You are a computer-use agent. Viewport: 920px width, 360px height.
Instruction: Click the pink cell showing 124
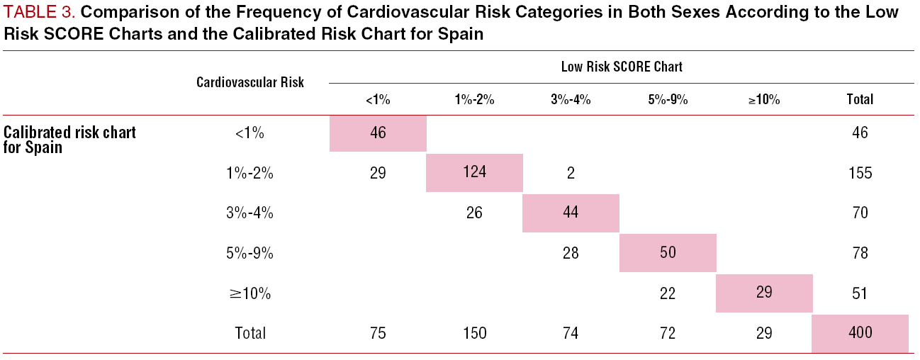pos(474,173)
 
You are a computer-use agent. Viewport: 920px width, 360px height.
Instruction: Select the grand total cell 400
pos(860,332)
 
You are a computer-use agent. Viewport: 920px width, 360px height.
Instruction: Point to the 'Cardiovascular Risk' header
pos(250,82)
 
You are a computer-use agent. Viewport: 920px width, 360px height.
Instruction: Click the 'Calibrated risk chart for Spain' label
pos(69,140)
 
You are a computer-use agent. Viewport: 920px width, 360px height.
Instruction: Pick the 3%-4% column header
pos(571,100)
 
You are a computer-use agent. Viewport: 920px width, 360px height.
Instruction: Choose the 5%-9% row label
pos(250,253)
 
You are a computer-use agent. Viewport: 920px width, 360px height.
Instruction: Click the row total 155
pos(860,173)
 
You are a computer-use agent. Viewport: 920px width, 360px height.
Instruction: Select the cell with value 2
pos(571,173)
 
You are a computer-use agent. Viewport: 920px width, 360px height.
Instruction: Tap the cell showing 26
pos(474,213)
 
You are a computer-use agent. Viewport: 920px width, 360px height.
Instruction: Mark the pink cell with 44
pos(571,213)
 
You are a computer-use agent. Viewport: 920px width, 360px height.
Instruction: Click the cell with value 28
pos(571,253)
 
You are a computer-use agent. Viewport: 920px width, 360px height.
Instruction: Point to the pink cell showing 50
pos(667,253)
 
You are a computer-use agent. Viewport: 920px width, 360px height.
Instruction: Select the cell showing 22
pos(667,293)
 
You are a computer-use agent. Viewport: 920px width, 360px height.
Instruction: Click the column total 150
pos(474,333)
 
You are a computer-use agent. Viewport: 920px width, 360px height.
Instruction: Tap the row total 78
pos(860,253)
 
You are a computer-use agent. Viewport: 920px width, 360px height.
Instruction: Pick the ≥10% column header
pos(763,100)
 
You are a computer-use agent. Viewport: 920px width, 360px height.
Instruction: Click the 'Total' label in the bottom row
pos(250,333)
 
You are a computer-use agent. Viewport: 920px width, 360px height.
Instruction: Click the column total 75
pos(378,333)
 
